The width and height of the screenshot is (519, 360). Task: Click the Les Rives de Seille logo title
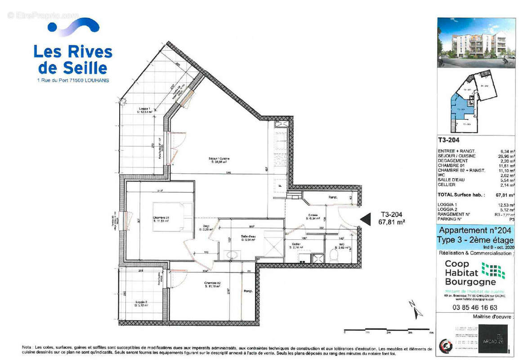pos(73,59)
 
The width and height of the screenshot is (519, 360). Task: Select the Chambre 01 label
pos(161,220)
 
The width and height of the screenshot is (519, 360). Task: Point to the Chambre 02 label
pos(212,284)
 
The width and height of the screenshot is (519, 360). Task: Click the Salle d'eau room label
pos(248,238)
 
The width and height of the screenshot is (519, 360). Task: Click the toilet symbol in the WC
pos(334,256)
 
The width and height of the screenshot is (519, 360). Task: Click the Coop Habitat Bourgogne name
pos(463,273)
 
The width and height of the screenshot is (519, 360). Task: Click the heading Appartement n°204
pos(476,230)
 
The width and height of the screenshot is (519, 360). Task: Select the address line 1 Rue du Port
pos(72,80)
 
